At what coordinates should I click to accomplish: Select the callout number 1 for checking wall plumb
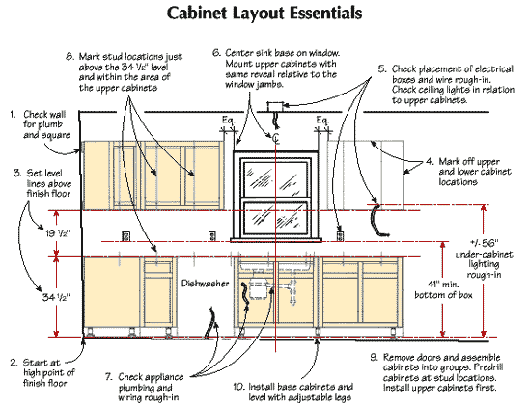pos(11,114)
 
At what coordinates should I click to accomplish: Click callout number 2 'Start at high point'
pos(11,362)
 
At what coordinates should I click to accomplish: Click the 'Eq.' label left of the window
pos(228,121)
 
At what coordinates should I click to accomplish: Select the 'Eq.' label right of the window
pos(320,121)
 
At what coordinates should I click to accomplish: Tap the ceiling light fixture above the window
pos(276,122)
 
